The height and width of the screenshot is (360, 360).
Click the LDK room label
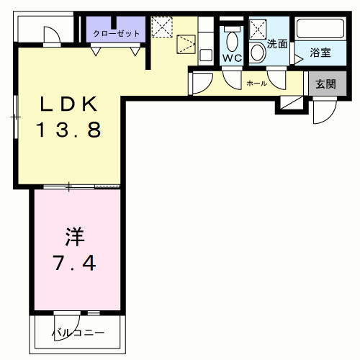68,104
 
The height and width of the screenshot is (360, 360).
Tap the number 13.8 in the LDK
68,131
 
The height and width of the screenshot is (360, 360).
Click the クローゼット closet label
116,33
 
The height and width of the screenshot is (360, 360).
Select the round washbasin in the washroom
258,53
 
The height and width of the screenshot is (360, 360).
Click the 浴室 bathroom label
320,53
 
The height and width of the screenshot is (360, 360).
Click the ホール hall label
256,84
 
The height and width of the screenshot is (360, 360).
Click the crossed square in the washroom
258,28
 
